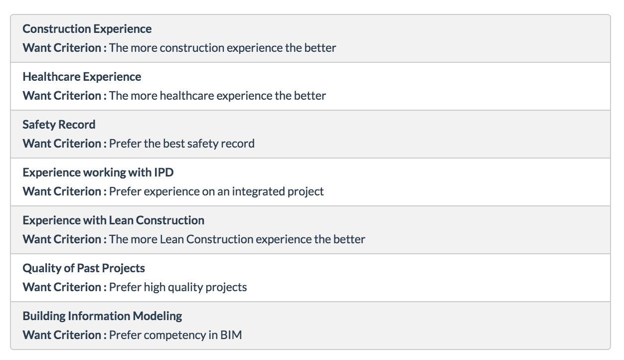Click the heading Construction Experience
click(x=87, y=29)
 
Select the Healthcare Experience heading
click(x=82, y=77)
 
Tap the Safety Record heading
click(x=59, y=125)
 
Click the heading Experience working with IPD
click(x=98, y=173)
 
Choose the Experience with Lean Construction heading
click(x=113, y=220)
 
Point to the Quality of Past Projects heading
click(x=84, y=269)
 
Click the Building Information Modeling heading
click(x=102, y=316)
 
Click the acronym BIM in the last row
click(x=231, y=335)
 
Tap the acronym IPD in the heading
click(x=164, y=173)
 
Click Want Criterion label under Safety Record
click(x=64, y=144)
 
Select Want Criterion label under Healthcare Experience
click(x=64, y=96)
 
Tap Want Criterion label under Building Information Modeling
click(x=64, y=335)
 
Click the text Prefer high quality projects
click(x=178, y=288)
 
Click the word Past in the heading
click(x=88, y=268)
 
